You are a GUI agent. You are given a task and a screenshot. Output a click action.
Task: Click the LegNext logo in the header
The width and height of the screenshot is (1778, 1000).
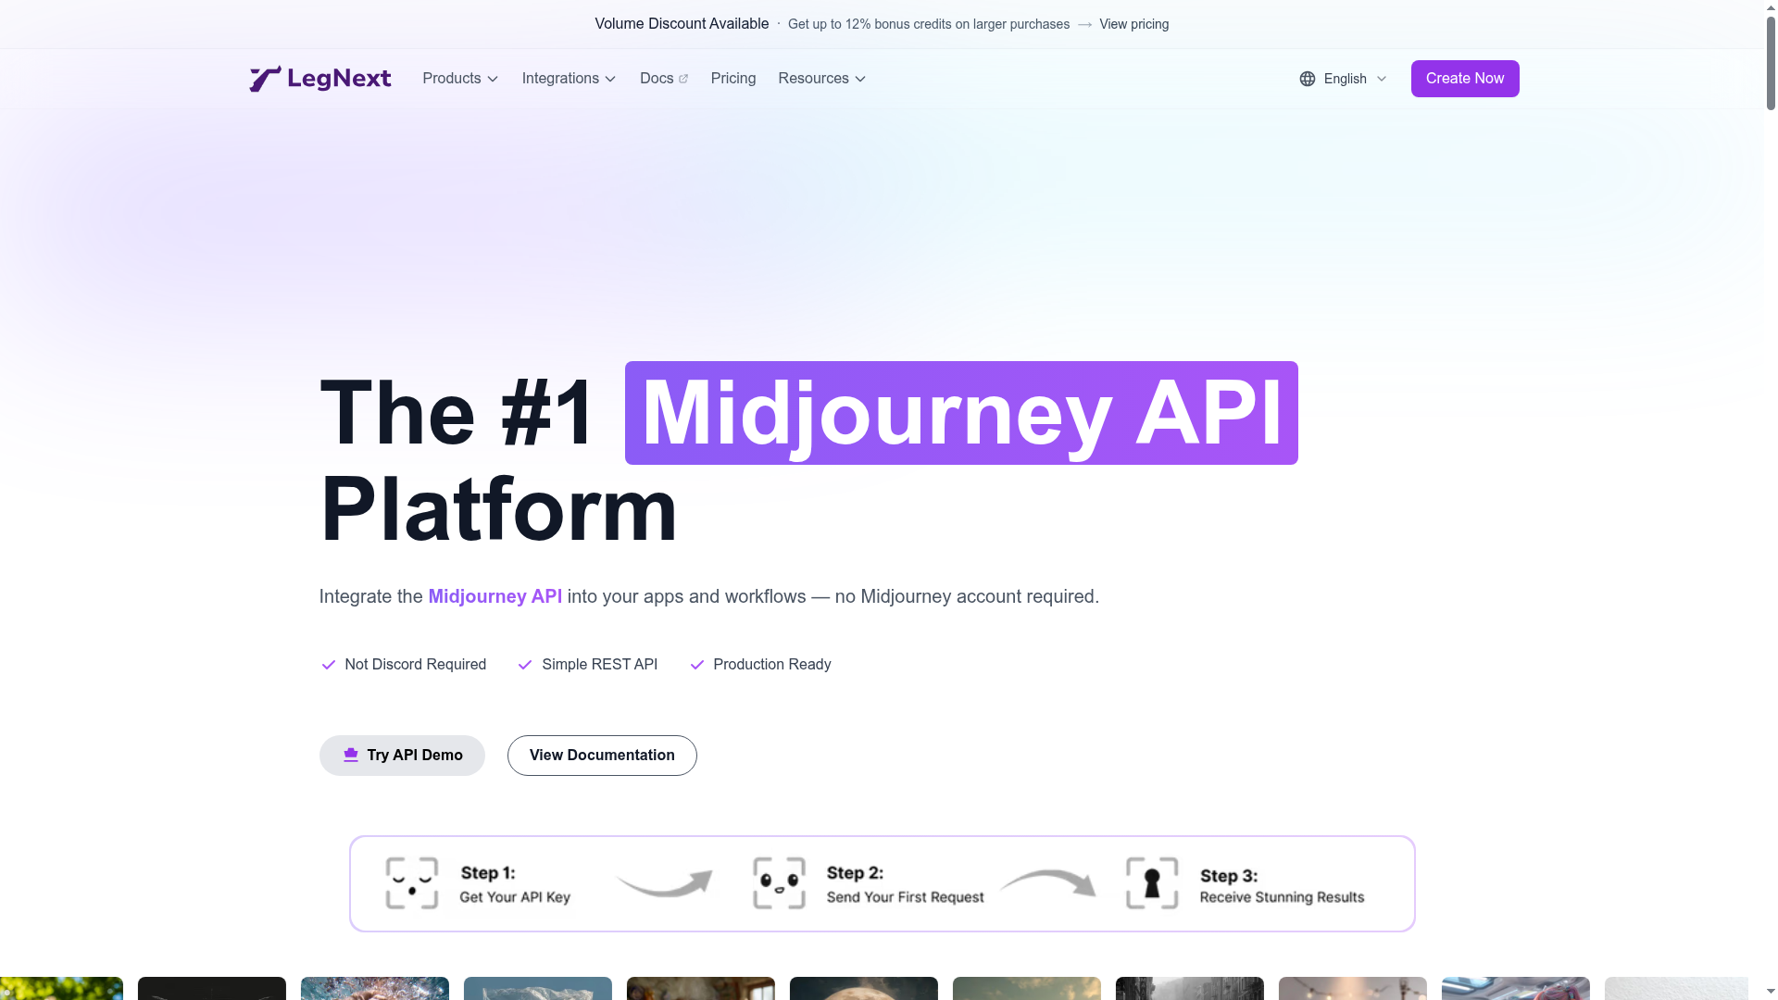(x=320, y=79)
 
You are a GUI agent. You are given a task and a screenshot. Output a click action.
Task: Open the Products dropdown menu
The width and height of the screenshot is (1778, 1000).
(x=460, y=79)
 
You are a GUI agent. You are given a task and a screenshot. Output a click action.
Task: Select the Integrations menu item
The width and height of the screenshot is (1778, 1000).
(x=569, y=79)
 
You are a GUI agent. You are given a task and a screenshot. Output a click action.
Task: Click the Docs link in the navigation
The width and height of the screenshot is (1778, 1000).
(x=664, y=79)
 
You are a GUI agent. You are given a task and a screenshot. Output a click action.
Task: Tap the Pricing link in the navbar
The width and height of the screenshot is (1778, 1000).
(x=733, y=79)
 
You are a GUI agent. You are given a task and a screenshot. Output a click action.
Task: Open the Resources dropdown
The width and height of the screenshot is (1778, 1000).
(x=822, y=79)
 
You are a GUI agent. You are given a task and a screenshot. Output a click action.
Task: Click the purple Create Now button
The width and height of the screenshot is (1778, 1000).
(x=1465, y=79)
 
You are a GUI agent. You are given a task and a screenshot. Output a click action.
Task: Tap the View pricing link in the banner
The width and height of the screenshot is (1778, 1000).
(x=1133, y=24)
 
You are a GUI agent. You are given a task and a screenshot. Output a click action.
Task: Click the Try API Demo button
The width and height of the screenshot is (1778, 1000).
(x=402, y=756)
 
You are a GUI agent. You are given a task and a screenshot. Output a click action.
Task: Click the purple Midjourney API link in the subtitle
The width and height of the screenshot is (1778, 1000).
(x=495, y=596)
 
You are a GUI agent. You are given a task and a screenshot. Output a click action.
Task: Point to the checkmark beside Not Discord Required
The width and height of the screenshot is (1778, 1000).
(x=328, y=665)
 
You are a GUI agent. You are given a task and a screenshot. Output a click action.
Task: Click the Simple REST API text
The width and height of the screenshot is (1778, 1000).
(x=599, y=665)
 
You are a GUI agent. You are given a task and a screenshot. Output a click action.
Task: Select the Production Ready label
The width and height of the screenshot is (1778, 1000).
(x=771, y=665)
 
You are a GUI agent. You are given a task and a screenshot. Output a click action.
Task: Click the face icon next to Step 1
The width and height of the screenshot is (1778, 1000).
(x=412, y=883)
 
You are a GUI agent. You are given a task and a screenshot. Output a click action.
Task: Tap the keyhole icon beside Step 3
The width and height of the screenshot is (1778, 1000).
(x=1152, y=883)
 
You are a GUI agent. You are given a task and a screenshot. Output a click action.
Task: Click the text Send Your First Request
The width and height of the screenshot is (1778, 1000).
(x=905, y=897)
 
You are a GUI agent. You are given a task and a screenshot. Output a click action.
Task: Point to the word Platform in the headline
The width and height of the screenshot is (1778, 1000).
(x=498, y=509)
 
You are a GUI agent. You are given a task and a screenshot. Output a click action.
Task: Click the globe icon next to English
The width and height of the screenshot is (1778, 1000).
(x=1308, y=79)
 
